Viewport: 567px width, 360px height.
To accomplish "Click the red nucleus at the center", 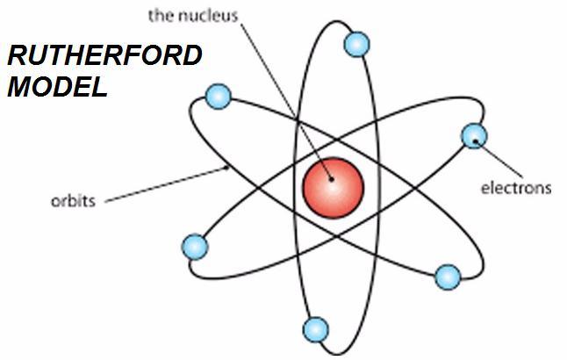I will pyautogui.click(x=333, y=186).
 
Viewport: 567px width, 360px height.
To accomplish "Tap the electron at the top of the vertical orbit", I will pyautogui.click(x=355, y=44).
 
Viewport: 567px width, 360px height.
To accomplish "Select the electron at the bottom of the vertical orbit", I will pyautogui.click(x=314, y=329).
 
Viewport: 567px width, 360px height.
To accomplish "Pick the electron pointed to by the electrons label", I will pyautogui.click(x=474, y=135).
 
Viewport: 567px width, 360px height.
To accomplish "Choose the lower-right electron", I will pyautogui.click(x=448, y=277).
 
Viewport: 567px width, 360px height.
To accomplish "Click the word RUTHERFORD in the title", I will pyautogui.click(x=104, y=59).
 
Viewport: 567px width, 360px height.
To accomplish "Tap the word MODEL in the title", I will pyautogui.click(x=58, y=87).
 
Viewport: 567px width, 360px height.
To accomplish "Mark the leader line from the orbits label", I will pyautogui.click(x=167, y=184).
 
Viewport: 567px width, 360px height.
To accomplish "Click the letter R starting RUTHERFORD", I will pyautogui.click(x=16, y=59).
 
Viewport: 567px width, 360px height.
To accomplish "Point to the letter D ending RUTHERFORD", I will pyautogui.click(x=192, y=59).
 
